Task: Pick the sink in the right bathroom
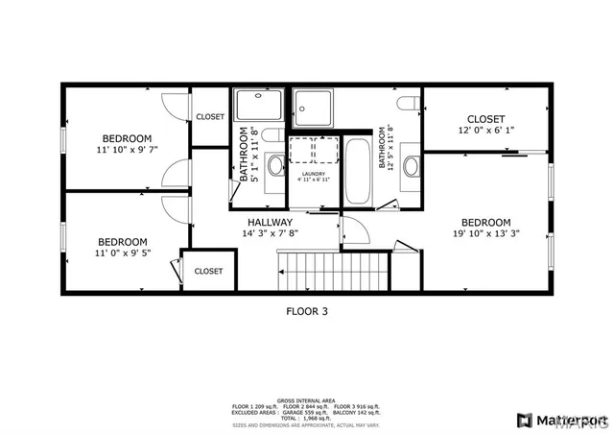point(413,166)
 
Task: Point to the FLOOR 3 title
point(307,310)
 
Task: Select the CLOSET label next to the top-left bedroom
point(210,117)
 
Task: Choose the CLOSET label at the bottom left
point(208,272)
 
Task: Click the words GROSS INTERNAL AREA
point(307,399)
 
